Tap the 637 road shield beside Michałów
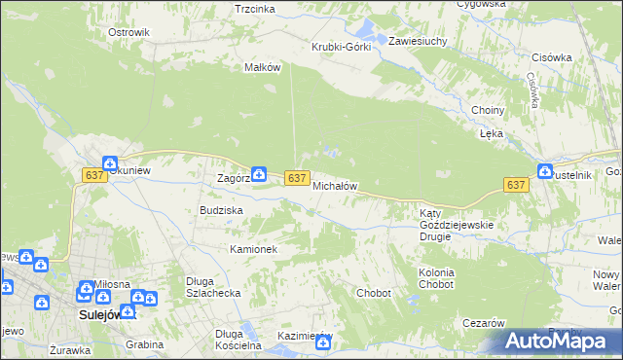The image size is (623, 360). click(x=298, y=179)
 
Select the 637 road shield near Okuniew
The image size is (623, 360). click(x=93, y=175)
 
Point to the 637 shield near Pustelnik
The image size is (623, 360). click(x=516, y=185)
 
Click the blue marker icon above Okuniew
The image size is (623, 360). click(x=110, y=164)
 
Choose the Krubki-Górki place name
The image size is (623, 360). click(x=341, y=48)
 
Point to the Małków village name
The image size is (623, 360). click(x=262, y=68)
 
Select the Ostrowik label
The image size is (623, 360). click(x=128, y=32)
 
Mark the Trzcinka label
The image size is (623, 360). click(x=255, y=9)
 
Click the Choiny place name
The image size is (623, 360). click(x=487, y=111)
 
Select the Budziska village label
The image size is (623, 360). click(x=221, y=210)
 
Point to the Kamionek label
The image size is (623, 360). click(x=254, y=250)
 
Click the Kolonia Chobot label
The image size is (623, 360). click(x=436, y=279)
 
